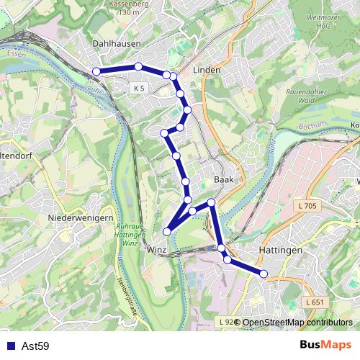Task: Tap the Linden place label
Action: point(207,71)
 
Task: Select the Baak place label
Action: point(221,180)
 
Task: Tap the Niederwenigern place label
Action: point(79,217)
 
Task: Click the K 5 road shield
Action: point(139,88)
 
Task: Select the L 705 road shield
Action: point(306,206)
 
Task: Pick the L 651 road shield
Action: point(315,302)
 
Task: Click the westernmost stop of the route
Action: point(96,71)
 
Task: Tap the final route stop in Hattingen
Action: point(264,273)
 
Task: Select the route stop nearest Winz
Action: point(167,231)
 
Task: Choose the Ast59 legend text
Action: point(35,346)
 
